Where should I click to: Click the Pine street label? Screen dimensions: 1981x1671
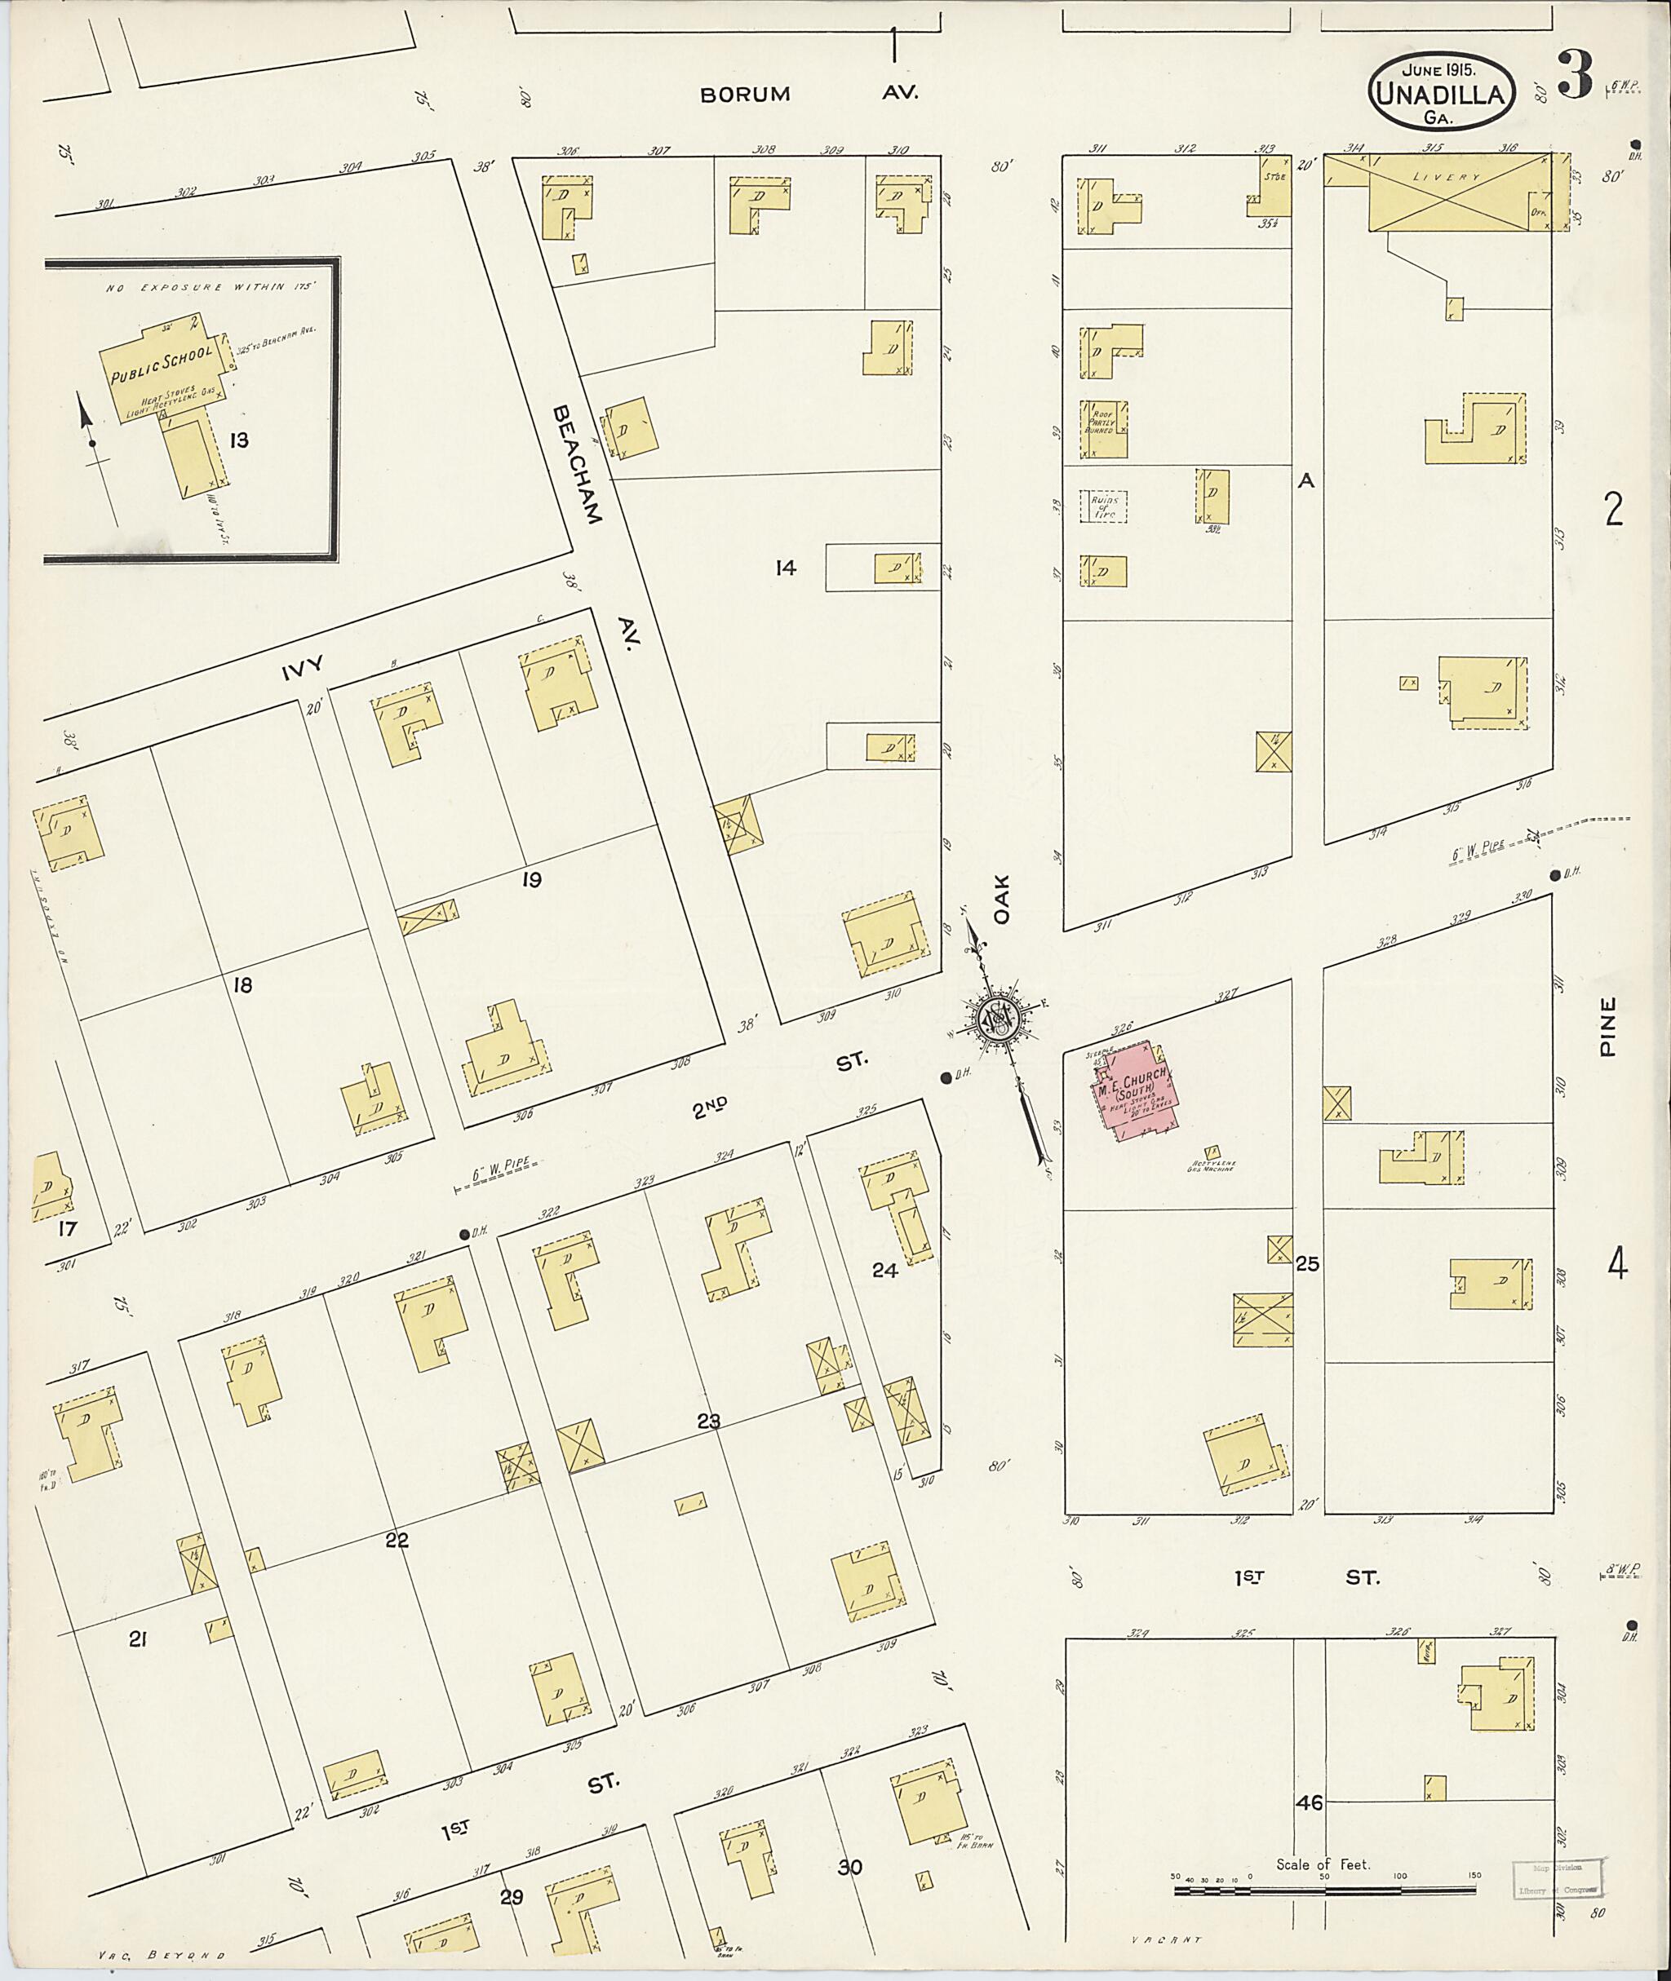point(1607,1024)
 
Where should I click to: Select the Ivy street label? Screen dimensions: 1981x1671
point(302,668)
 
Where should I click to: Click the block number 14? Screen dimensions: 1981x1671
point(785,568)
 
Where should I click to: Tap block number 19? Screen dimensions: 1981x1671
point(531,880)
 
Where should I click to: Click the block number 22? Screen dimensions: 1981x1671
point(396,1540)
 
